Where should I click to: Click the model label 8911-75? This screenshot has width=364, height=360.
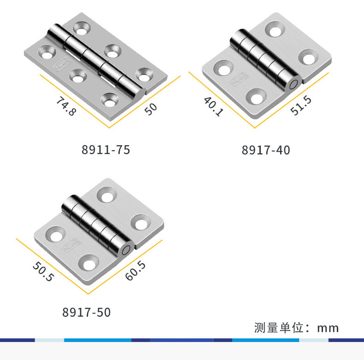[x=106, y=150]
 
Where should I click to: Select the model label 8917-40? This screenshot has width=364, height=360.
[x=266, y=150]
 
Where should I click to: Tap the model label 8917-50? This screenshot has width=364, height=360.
[x=86, y=313]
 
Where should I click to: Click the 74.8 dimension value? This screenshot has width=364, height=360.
[x=66, y=106]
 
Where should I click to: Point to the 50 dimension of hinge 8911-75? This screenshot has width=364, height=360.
[x=151, y=109]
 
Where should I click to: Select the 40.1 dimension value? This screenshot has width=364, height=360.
[x=213, y=106]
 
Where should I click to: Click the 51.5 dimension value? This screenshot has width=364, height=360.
[x=301, y=106]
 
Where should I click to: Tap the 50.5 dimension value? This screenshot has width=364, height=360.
[x=43, y=271]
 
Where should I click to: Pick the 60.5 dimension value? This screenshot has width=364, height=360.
[x=135, y=271]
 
